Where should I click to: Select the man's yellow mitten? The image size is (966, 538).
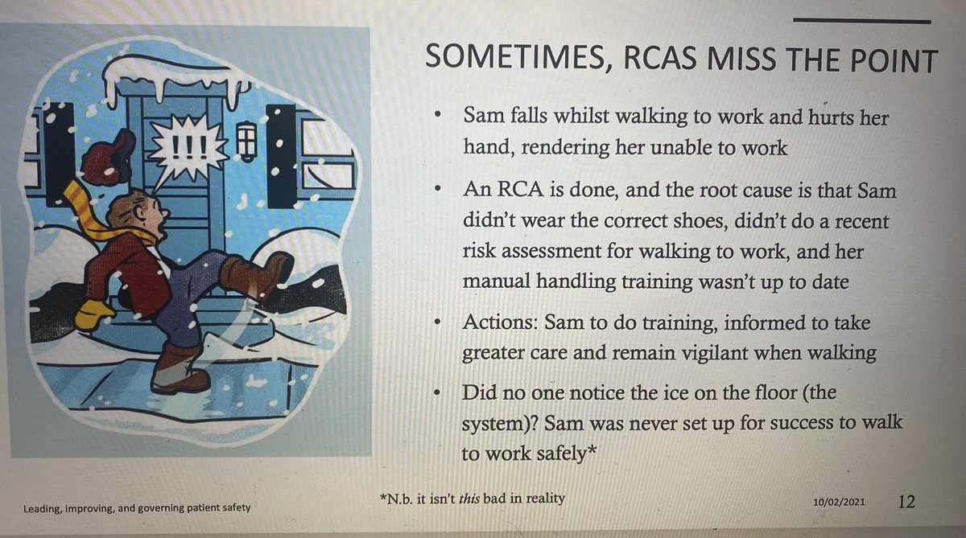[x=93, y=312]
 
